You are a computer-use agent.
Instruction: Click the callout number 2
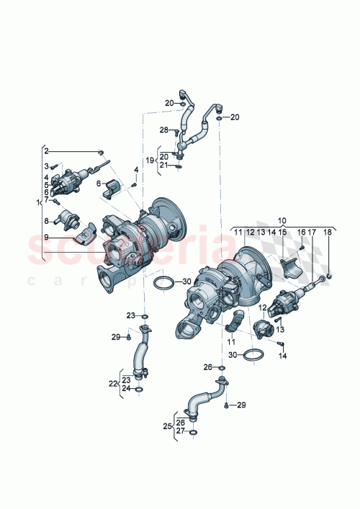[x=47, y=151]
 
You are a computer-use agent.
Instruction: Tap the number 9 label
[x=47, y=237]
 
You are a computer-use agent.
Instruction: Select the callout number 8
[x=47, y=221]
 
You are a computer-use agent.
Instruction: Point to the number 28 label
[x=163, y=130]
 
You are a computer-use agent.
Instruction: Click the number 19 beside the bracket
[x=150, y=161]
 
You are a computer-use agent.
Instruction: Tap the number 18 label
[x=328, y=233]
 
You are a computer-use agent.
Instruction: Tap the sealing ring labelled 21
[x=179, y=167]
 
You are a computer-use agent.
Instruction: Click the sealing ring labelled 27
[x=192, y=433]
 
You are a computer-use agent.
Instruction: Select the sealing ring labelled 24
[x=139, y=389]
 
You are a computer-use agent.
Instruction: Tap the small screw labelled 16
[x=302, y=247]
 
